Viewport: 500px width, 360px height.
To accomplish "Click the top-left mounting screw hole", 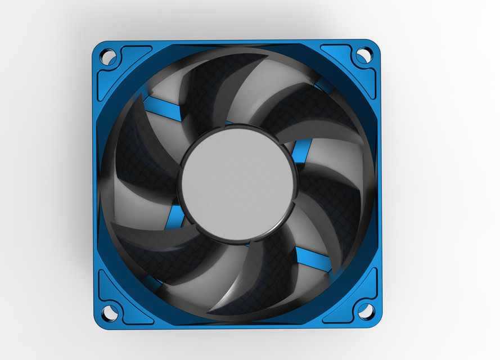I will pyautogui.click(x=107, y=56).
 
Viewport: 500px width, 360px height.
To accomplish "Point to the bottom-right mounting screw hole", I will pyautogui.click(x=366, y=310).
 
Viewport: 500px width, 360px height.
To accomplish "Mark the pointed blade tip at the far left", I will pyautogui.click(x=112, y=224).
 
